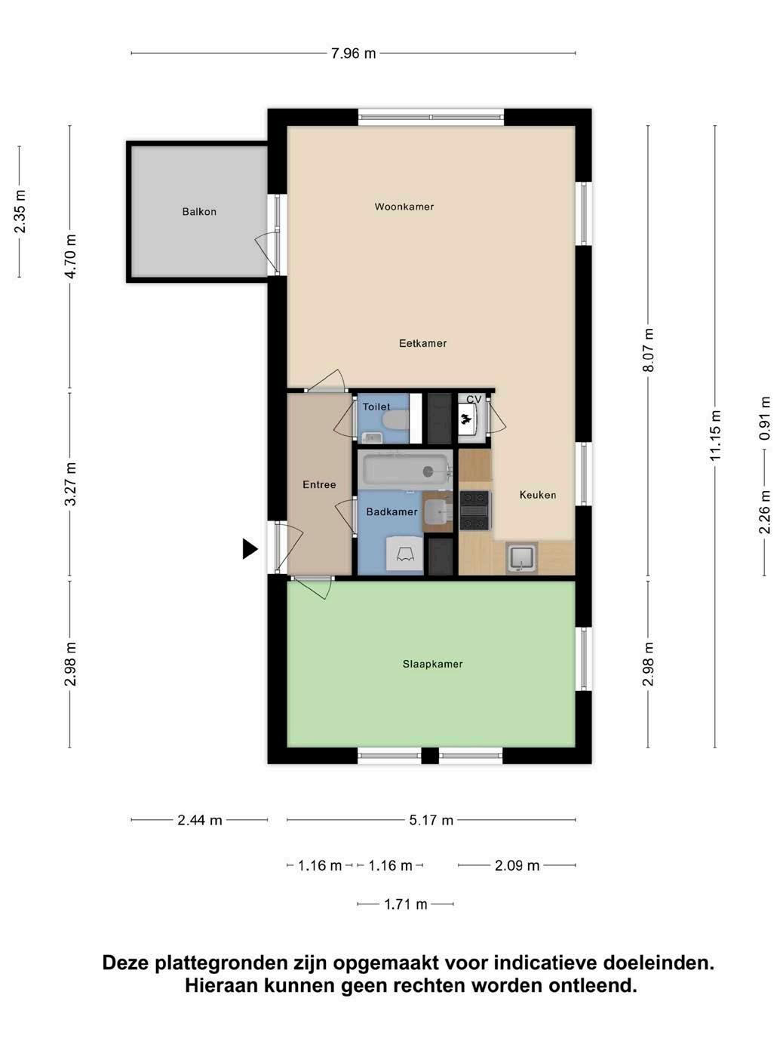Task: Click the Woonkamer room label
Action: (x=404, y=207)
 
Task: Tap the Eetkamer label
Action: (x=422, y=343)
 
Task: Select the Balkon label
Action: (x=199, y=212)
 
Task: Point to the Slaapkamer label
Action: (x=433, y=664)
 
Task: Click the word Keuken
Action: (x=538, y=495)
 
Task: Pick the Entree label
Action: (x=320, y=485)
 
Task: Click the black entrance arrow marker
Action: (x=250, y=549)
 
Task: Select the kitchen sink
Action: (x=522, y=558)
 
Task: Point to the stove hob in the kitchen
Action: (x=474, y=511)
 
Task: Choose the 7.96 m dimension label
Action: (x=353, y=54)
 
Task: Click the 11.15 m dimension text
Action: (x=715, y=435)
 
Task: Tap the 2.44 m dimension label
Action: (x=200, y=820)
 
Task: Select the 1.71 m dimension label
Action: (x=406, y=904)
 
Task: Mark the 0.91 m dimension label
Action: (x=764, y=418)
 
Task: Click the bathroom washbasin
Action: (x=438, y=511)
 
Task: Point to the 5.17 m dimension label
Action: (x=431, y=820)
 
